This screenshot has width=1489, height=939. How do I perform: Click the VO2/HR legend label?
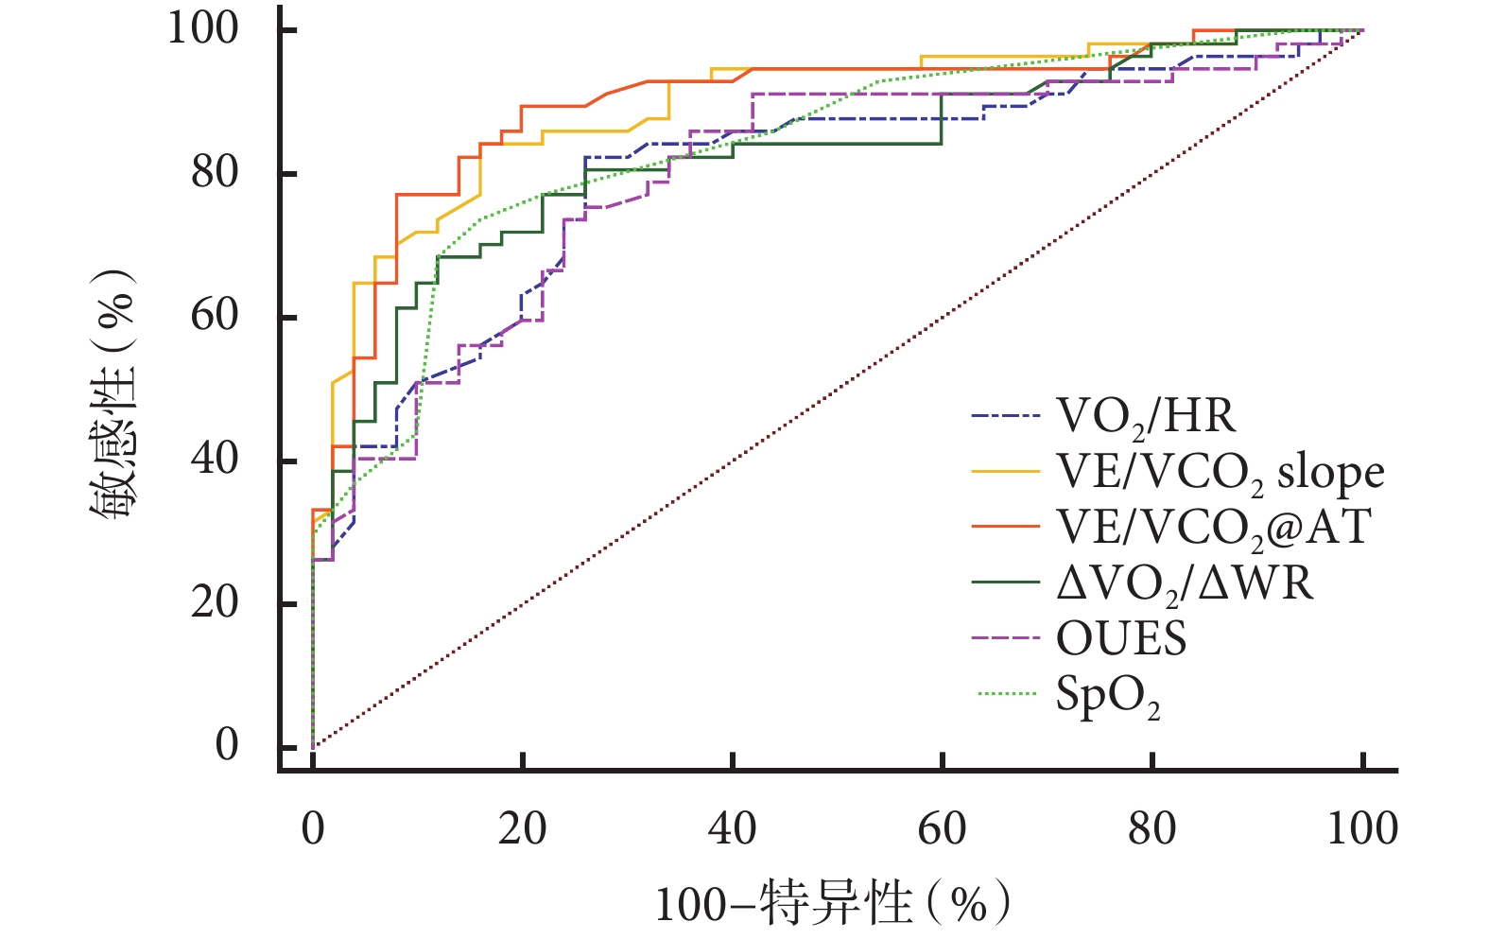click(x=1145, y=416)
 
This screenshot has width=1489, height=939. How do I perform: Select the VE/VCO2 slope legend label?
click(x=1220, y=472)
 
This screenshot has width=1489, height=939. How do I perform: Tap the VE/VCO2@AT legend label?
click(x=1213, y=527)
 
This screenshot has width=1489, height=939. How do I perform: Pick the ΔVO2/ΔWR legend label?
click(x=1185, y=583)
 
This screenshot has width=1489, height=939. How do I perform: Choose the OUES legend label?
click(x=1121, y=639)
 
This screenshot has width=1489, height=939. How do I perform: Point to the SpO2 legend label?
click(x=1107, y=696)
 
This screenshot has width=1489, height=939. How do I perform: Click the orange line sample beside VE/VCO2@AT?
click(x=1006, y=526)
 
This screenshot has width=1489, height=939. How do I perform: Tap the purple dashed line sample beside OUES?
click(x=1006, y=638)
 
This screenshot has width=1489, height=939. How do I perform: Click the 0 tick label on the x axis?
click(x=313, y=828)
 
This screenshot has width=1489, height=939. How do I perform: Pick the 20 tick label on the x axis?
click(x=522, y=828)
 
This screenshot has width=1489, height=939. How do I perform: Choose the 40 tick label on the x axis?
click(x=732, y=828)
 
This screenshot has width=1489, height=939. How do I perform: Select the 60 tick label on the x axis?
click(x=942, y=828)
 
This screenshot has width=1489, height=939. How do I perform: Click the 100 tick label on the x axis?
click(x=1362, y=828)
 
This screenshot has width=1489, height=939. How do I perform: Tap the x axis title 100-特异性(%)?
click(x=832, y=903)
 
